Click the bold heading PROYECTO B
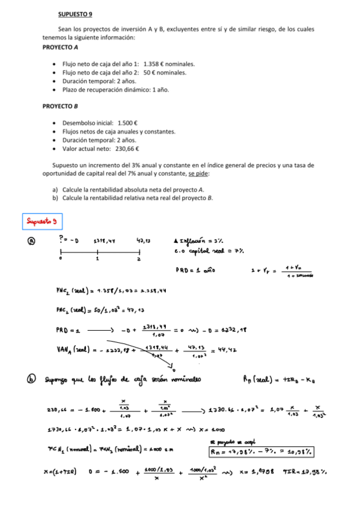point(60,106)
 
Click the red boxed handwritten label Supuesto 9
point(41,221)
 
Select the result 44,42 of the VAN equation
point(225,348)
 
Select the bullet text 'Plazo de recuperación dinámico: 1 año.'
point(115,90)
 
